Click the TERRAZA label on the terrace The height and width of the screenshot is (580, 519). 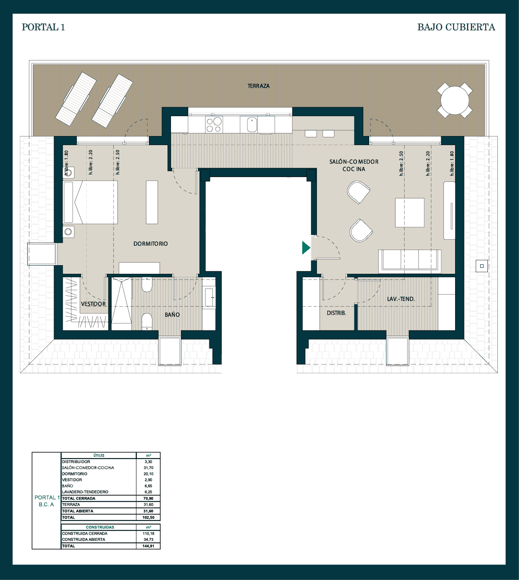(259, 86)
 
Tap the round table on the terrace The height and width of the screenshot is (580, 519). (455, 101)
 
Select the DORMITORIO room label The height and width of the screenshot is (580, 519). (151, 244)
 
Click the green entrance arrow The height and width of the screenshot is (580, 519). (306, 247)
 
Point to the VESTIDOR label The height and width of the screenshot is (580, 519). (93, 304)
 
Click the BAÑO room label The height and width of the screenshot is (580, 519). (172, 315)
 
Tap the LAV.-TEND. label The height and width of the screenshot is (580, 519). (401, 299)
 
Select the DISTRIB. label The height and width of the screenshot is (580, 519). (336, 313)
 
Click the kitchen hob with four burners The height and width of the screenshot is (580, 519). (214, 124)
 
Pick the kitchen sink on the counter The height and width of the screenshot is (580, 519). (252, 124)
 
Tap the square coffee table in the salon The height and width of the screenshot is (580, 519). (410, 213)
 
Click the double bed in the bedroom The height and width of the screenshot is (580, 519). (90, 202)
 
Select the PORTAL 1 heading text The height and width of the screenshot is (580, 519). (44, 27)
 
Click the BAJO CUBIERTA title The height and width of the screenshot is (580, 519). (456, 27)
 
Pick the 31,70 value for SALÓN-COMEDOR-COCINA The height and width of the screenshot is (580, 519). (148, 468)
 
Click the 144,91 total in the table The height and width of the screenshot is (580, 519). (148, 546)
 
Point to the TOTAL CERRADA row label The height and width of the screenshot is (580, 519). (79, 498)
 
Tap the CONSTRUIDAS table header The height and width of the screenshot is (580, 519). (100, 527)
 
